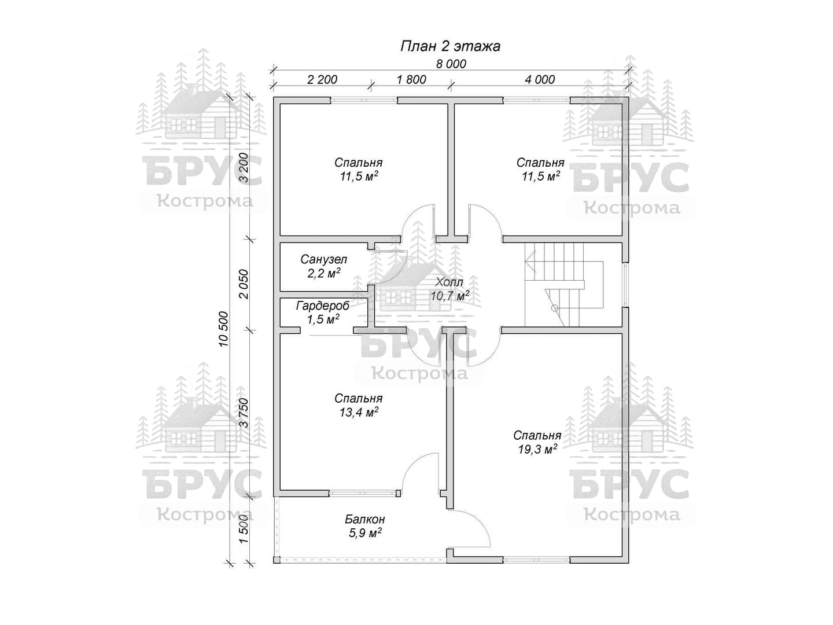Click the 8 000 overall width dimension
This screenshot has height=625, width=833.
pos(451,64)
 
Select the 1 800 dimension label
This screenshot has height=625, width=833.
pos(411,80)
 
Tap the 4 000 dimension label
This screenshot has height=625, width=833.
pos(540,80)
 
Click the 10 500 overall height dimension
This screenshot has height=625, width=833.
pos(224,329)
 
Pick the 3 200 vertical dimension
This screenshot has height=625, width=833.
pos(244,168)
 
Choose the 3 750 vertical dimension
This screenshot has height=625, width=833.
pos(244,413)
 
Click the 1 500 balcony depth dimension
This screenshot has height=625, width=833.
pos(244,528)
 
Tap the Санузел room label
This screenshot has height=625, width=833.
pos(324,259)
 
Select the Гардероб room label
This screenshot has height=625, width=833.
pos(323,306)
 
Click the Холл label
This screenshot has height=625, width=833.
pos(449,282)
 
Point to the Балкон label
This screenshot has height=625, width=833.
pos(365,520)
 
